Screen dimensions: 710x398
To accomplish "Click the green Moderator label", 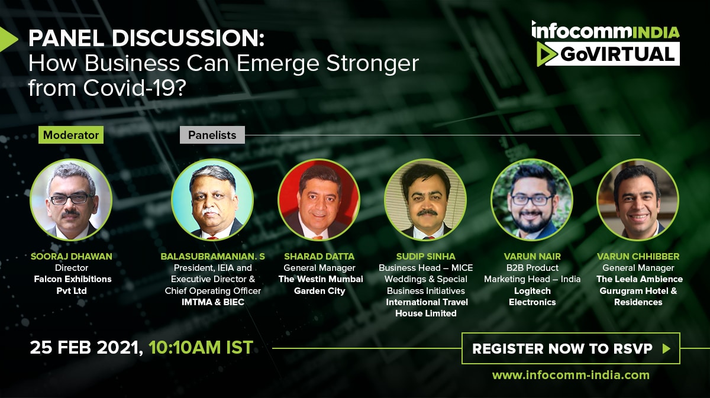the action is pyautogui.click(x=71, y=135).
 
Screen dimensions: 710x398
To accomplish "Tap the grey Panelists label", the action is pyautogui.click(x=212, y=135).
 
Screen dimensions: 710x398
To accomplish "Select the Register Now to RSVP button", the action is pyautogui.click(x=571, y=348).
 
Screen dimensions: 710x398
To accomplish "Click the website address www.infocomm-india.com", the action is pyautogui.click(x=571, y=375).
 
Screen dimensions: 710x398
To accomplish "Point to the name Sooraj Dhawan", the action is pyautogui.click(x=72, y=256).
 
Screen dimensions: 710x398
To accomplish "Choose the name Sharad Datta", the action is pyautogui.click(x=319, y=256).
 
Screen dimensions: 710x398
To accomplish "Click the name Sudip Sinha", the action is pyautogui.click(x=425, y=256).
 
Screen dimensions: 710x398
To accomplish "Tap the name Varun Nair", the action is pyautogui.click(x=532, y=256).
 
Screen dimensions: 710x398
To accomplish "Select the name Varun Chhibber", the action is pyautogui.click(x=638, y=256).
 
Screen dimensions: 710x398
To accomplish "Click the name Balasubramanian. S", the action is pyautogui.click(x=212, y=256).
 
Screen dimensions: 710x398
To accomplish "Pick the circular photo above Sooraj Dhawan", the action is pyautogui.click(x=71, y=200).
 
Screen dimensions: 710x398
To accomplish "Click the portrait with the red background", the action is pyautogui.click(x=319, y=200).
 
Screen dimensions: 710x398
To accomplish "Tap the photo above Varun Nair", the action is pyautogui.click(x=532, y=200).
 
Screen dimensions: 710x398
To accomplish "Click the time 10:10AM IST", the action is pyautogui.click(x=201, y=347).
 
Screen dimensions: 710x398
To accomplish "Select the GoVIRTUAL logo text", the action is pyautogui.click(x=617, y=54).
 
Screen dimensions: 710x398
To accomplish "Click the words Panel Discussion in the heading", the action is pyautogui.click(x=147, y=38).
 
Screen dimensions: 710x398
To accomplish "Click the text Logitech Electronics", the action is pyautogui.click(x=532, y=296).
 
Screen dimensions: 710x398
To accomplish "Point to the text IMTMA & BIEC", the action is pyautogui.click(x=212, y=302).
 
